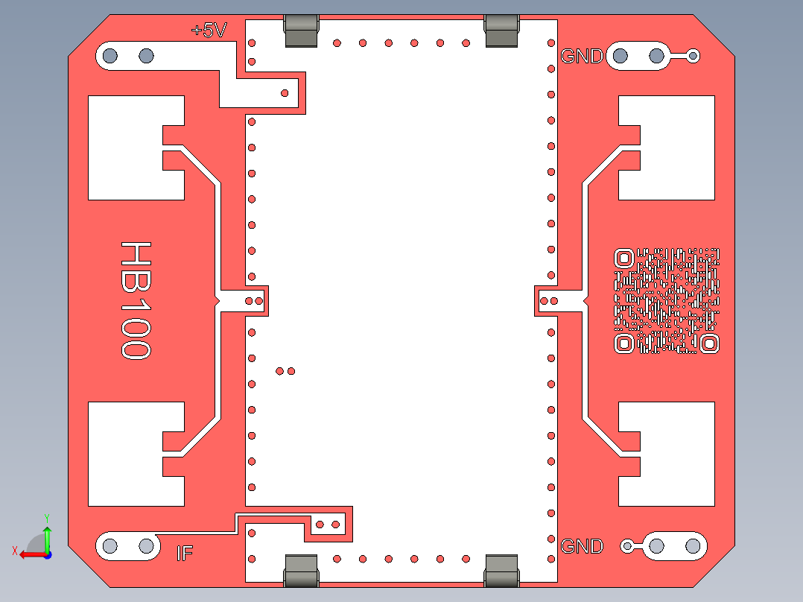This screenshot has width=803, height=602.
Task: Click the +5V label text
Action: (x=209, y=31)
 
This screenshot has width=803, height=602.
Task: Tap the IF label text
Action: (x=185, y=553)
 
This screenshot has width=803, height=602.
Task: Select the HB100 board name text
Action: (x=136, y=300)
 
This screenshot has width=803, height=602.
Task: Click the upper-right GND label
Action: (x=581, y=56)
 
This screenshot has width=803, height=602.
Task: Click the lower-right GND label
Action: (x=581, y=546)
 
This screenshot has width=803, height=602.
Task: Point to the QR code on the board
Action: (x=667, y=300)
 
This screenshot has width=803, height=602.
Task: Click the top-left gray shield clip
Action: (x=302, y=31)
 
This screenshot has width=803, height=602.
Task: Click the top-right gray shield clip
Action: (x=501, y=31)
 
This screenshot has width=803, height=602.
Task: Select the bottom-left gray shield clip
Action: (x=302, y=571)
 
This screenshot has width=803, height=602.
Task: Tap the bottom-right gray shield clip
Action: (x=501, y=571)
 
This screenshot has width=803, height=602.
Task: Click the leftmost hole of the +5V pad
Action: (x=110, y=55)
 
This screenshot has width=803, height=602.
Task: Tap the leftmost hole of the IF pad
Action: (x=110, y=546)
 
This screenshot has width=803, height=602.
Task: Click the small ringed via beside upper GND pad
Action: (x=693, y=55)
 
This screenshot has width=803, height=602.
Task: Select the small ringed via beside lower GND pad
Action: (x=627, y=546)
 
